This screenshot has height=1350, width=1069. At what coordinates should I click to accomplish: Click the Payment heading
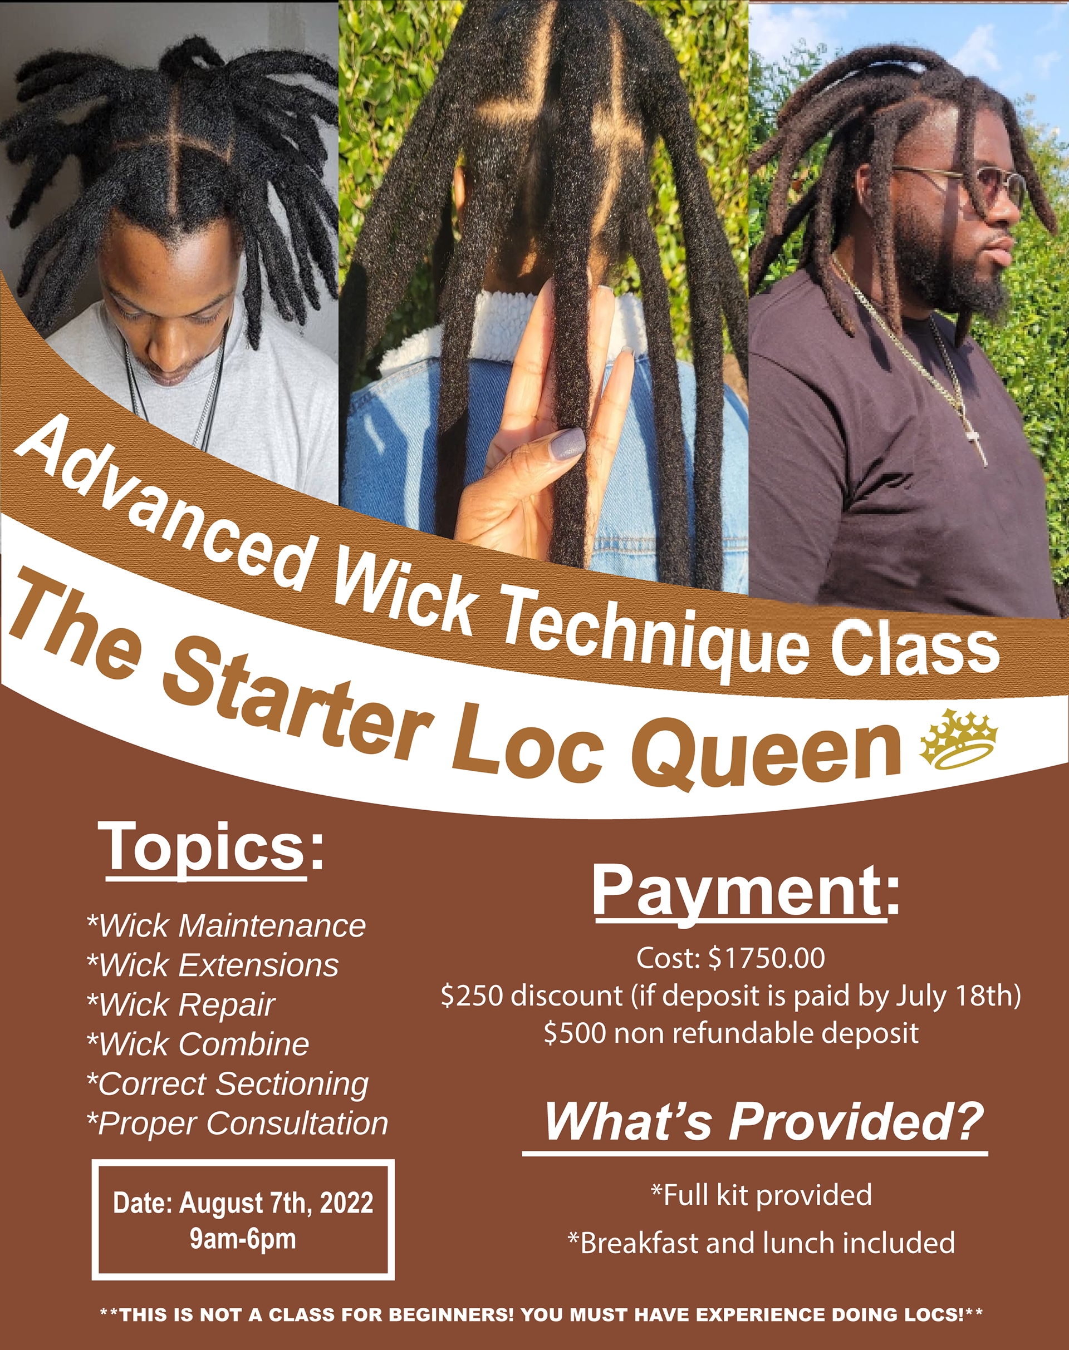point(746,893)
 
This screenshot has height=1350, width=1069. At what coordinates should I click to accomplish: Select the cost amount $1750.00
point(767,958)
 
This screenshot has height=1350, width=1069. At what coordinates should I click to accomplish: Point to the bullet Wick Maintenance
point(226,926)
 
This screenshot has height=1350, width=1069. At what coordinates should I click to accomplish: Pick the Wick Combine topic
point(198,1044)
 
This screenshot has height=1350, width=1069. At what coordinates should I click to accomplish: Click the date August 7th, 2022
point(277,1203)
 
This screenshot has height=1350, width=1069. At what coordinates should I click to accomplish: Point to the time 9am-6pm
point(243,1239)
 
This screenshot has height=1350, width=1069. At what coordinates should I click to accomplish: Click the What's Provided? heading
point(764,1122)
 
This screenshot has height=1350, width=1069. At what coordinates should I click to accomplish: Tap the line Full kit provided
point(761,1195)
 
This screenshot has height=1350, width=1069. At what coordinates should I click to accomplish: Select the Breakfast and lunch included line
point(761,1244)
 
